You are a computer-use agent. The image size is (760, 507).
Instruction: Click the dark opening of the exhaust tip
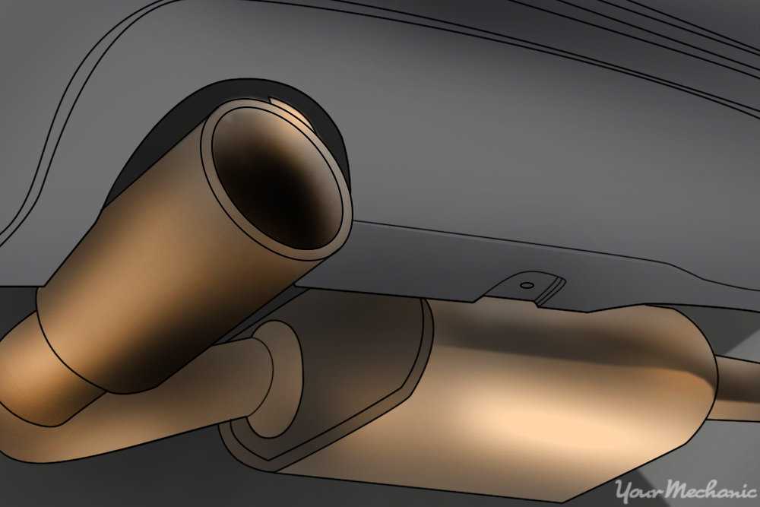(x=274, y=182)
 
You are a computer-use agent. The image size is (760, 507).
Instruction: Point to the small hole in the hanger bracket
(x=524, y=287)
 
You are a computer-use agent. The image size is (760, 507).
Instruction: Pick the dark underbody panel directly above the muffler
(x=426, y=258)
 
